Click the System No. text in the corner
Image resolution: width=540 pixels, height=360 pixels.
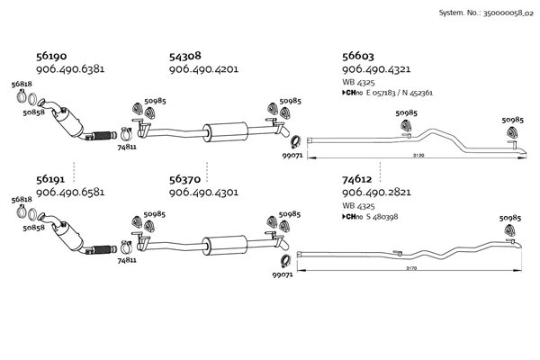click(486, 13)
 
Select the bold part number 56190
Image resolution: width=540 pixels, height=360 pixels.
click(51, 56)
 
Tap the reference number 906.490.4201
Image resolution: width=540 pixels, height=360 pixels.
click(203, 69)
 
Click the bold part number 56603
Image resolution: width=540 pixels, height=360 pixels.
click(358, 56)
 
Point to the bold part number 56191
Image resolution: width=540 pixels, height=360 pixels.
click(50, 179)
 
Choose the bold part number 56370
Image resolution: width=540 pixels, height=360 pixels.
click(184, 179)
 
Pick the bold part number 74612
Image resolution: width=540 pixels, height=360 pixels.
click(356, 179)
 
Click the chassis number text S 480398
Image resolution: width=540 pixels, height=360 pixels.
click(382, 217)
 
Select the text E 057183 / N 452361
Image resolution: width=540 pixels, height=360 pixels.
click(399, 93)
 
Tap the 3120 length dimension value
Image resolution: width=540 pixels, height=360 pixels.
click(418, 156)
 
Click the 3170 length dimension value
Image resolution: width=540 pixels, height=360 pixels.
click(411, 268)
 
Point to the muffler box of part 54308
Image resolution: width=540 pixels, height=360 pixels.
click(225, 132)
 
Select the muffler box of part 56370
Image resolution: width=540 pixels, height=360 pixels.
click(224, 246)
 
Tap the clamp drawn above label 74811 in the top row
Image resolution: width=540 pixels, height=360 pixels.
click(126, 134)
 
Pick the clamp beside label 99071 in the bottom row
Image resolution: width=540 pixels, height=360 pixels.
click(286, 262)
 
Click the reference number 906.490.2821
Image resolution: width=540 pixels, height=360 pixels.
click(376, 193)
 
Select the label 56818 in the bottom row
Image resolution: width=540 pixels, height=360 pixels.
click(22, 200)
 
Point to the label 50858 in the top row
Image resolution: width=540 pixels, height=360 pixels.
click(34, 112)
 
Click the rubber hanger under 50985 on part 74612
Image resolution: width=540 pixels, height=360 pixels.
click(509, 230)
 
